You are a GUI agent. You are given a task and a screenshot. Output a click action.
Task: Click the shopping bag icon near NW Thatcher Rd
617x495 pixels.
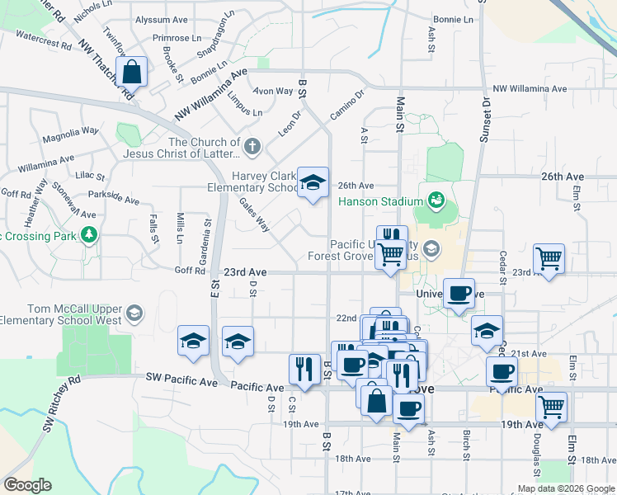132,72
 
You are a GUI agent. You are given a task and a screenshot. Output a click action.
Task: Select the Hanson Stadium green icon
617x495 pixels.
435,200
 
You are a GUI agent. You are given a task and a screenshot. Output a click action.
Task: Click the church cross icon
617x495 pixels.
252,148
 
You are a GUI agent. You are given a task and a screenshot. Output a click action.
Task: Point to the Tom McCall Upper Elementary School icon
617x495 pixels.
134,313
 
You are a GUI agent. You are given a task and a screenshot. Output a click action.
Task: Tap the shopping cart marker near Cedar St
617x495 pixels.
549,259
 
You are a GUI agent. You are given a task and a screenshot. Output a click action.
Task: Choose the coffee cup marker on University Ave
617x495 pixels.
459,293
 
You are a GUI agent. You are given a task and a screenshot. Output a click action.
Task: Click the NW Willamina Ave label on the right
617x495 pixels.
530,88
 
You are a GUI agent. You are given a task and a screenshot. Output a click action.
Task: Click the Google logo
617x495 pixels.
27,485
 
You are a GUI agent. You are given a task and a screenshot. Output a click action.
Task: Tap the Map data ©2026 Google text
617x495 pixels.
565,488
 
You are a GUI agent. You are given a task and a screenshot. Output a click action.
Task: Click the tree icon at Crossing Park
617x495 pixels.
88,237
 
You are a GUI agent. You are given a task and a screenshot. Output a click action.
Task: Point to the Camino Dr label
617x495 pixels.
346,106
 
